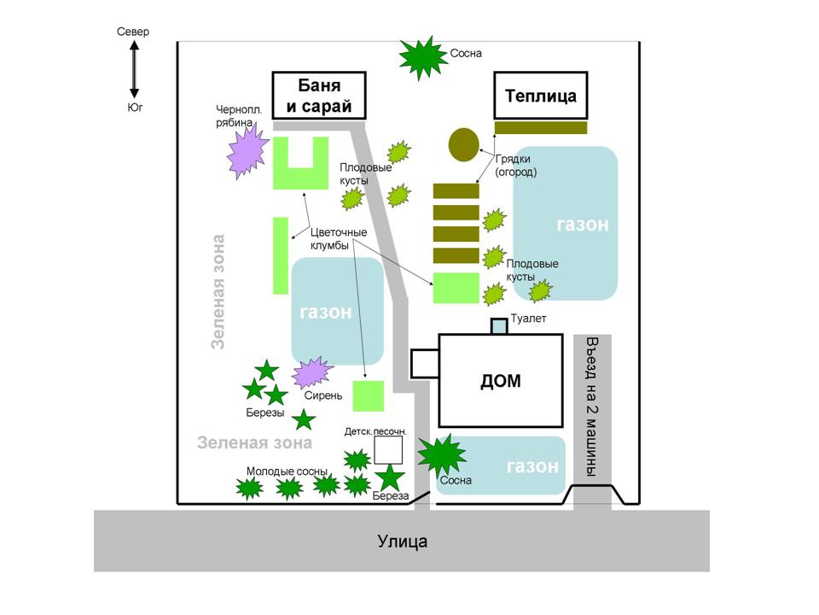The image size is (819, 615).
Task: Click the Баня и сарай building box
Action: coord(319,96)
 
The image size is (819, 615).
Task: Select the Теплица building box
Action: coord(541,95)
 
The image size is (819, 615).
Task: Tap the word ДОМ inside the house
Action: coord(501,381)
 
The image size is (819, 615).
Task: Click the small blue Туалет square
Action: coord(499,326)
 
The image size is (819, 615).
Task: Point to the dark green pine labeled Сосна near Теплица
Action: coord(422,57)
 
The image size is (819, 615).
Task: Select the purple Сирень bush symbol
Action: coord(312,372)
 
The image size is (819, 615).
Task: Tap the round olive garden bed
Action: coord(464,144)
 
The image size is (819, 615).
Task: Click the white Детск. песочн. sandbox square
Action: coord(388,450)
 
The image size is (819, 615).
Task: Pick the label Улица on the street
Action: coord(402,542)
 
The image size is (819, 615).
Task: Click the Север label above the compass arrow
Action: coord(133,32)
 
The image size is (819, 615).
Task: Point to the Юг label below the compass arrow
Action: coord(135,108)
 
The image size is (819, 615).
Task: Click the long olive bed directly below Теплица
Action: coord(541,127)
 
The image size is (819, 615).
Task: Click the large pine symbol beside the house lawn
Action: coord(442,454)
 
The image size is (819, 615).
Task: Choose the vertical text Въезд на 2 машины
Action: coord(592,407)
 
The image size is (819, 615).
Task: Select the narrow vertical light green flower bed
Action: coord(281,255)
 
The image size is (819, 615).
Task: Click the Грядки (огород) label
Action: coord(515,165)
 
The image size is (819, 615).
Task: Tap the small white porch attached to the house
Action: coord(425,364)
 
